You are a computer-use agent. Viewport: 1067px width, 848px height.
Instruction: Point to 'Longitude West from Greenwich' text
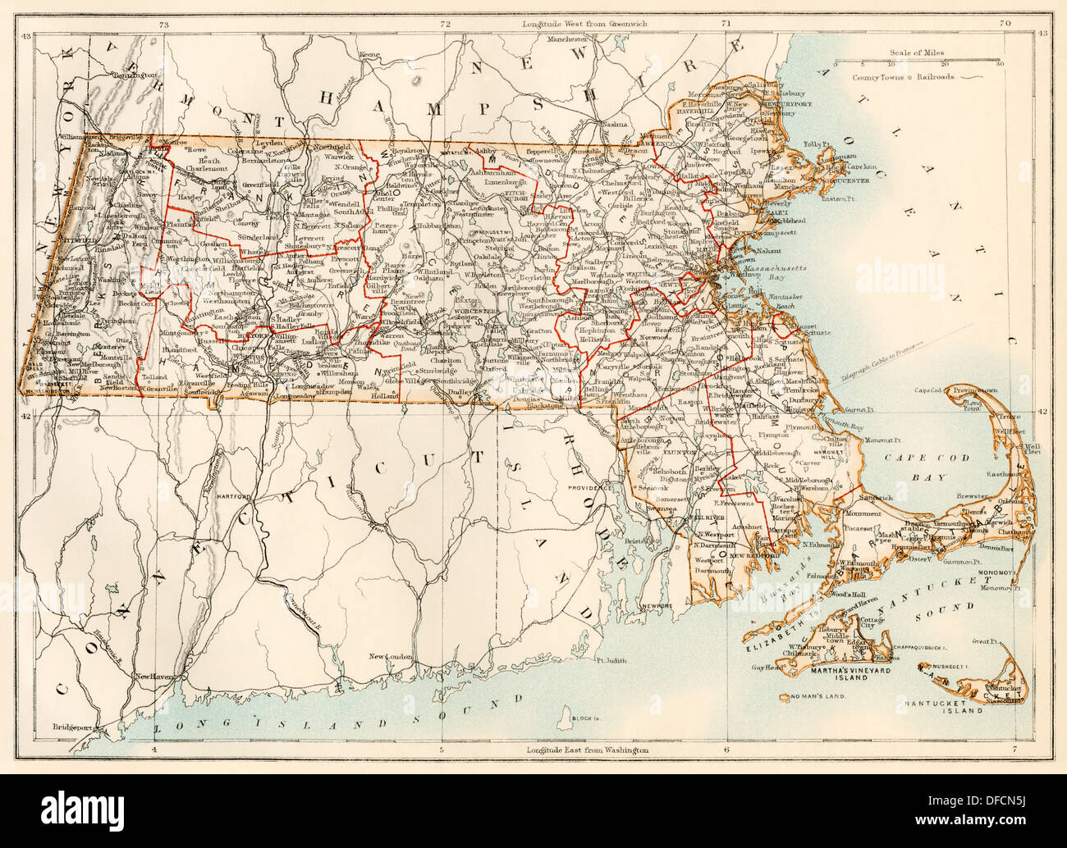584,24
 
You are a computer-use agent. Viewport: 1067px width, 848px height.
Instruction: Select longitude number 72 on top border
444,24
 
